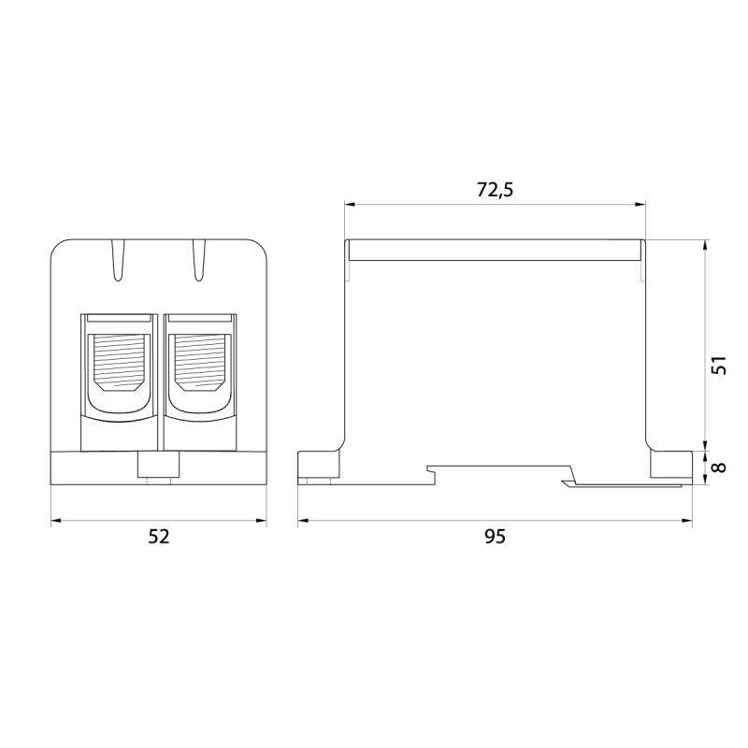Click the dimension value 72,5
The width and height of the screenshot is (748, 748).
(495, 190)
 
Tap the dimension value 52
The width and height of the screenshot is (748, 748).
(159, 537)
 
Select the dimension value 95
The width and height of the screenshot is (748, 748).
(495, 537)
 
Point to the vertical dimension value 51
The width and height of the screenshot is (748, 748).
(718, 365)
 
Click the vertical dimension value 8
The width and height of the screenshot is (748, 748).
(718, 467)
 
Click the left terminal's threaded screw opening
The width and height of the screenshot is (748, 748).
(119, 363)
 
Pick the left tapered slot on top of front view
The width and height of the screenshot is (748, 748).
(118, 260)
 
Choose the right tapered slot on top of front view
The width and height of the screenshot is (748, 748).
(199, 260)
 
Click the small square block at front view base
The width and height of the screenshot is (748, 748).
(158, 464)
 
